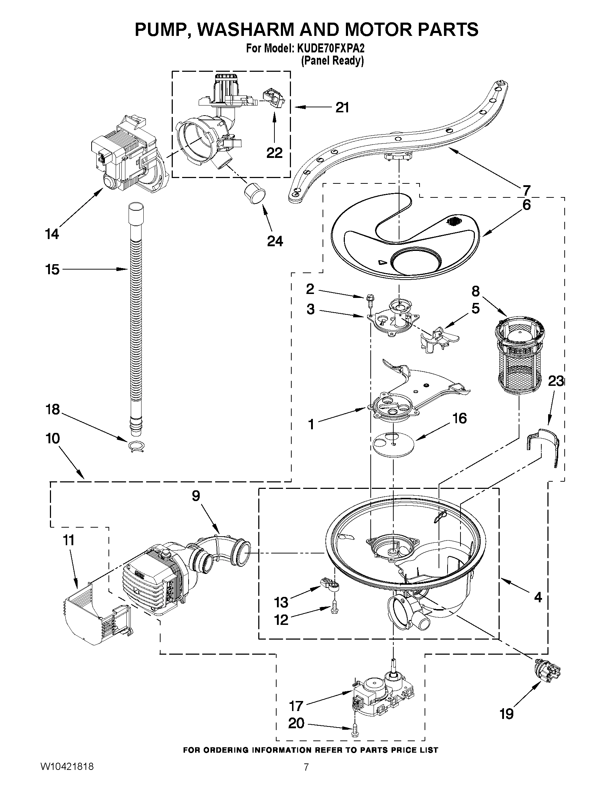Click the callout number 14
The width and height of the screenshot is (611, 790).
pos(52,234)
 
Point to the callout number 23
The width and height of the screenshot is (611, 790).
pos(556,381)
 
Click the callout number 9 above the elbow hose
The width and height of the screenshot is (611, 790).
pos(195,496)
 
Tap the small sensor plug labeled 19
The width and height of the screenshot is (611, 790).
pos(547,669)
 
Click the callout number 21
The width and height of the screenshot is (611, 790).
pos(342,107)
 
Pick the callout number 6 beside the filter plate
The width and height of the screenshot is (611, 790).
pos(526,205)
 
